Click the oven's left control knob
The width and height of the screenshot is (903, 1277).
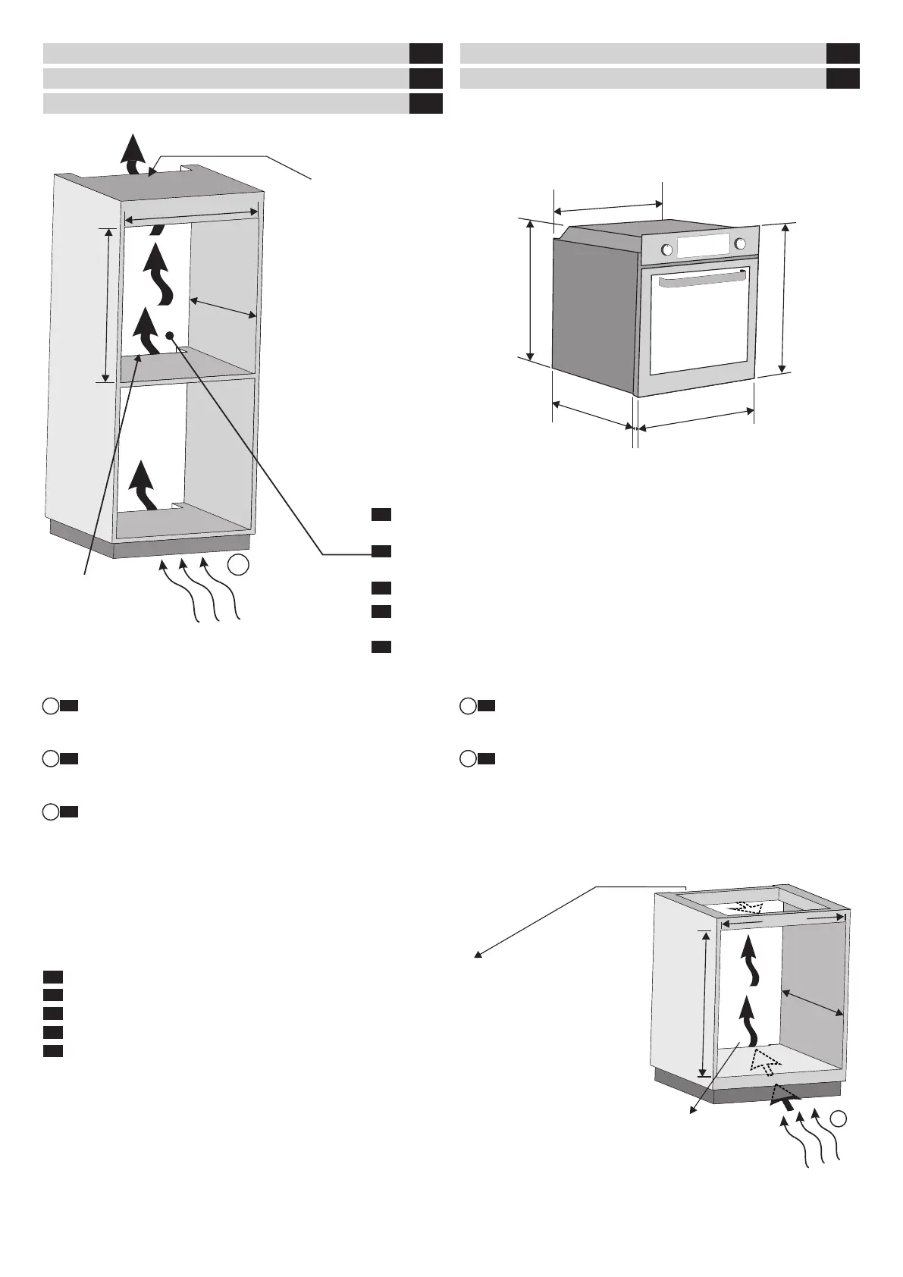click(667, 249)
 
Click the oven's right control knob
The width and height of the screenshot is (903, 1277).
click(739, 243)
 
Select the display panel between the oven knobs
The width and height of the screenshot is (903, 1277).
click(703, 246)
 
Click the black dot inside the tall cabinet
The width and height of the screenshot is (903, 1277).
click(170, 334)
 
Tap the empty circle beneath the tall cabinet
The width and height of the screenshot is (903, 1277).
click(238, 565)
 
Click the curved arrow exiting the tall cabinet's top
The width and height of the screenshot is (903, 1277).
click(134, 157)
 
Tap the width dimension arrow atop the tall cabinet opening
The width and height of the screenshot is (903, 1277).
click(192, 216)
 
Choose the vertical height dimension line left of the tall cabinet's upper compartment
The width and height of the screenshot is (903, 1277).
click(109, 304)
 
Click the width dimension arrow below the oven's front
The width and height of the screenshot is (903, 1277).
click(695, 420)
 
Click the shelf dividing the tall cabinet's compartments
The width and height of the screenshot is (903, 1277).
click(186, 366)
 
